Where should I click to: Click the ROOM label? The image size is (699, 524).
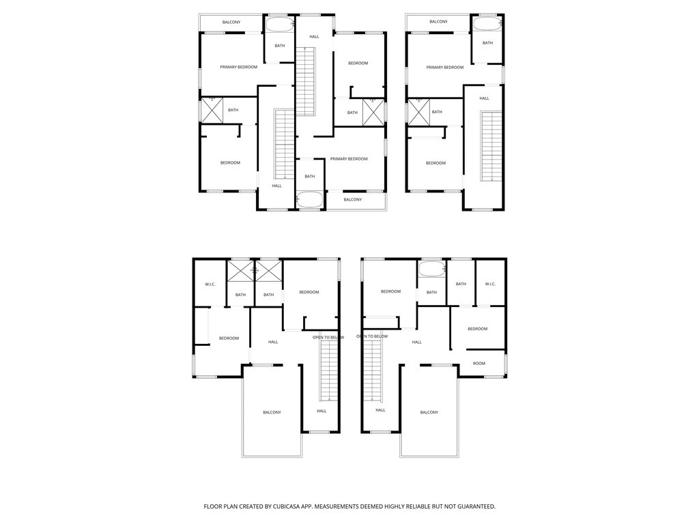479,363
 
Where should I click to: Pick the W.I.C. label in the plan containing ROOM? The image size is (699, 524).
490,284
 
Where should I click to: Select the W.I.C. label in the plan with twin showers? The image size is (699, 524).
210,284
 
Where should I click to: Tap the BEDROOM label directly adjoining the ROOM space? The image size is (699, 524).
477,329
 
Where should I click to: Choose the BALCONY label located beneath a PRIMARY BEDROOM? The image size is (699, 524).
352,199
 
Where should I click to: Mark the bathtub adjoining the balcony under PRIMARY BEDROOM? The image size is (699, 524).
310,200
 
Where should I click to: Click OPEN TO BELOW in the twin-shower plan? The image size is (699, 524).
328,337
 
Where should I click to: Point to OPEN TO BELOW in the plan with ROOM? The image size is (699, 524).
372,336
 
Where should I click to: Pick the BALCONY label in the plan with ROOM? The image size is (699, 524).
429,412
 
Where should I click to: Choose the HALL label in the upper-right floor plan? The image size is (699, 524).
484,98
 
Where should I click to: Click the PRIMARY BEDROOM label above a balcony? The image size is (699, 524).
348,159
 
